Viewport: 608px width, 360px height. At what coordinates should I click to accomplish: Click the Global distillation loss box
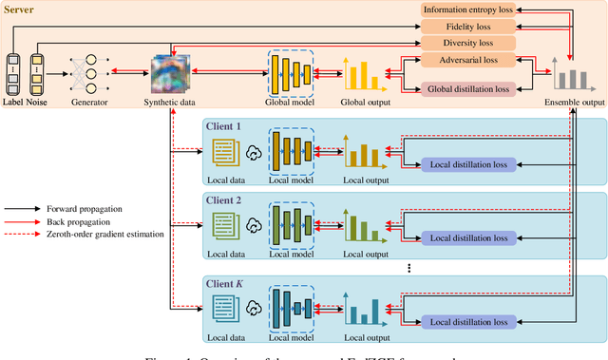[x=468, y=88]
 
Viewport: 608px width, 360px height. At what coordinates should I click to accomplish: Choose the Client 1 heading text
[x=224, y=125]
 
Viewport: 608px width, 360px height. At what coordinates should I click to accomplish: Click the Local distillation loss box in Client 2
[x=468, y=237]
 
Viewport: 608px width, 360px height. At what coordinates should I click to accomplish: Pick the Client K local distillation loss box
[x=468, y=323]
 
